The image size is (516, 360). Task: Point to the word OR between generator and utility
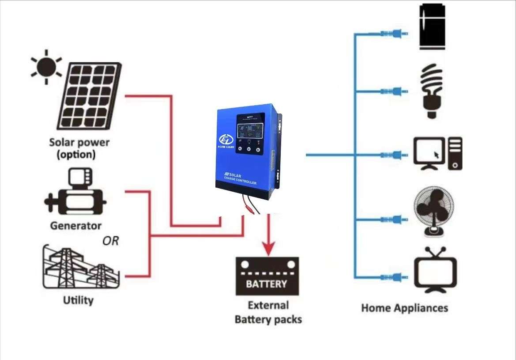[110, 242]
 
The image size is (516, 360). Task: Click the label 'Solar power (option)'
[79, 149]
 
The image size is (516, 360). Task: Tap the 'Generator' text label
[75, 226]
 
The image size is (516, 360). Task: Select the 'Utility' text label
[78, 301]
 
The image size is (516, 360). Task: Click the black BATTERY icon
[267, 277]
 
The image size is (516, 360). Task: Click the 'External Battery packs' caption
[268, 312]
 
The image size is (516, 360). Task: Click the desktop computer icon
[437, 153]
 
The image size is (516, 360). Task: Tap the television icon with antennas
[435, 269]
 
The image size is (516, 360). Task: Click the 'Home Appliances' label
[404, 308]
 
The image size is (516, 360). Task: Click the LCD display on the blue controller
[249, 131]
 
